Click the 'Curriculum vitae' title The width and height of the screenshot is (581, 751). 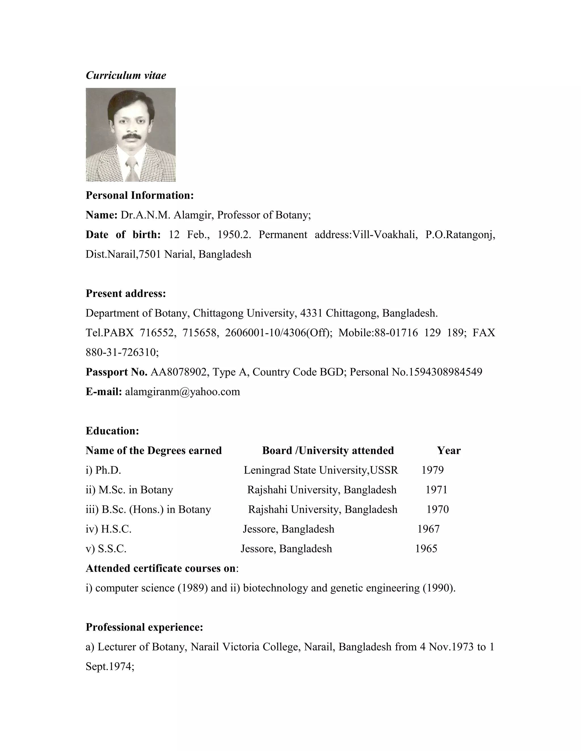pos(126,75)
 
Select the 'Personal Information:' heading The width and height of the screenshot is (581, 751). pos(139,195)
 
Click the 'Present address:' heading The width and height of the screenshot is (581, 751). pos(126,293)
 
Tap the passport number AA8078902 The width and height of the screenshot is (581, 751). pos(179,372)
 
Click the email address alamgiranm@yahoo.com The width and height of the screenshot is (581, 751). pos(182,392)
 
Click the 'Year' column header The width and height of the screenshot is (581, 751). pos(449,451)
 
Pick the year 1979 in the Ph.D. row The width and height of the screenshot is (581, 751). pos(432,470)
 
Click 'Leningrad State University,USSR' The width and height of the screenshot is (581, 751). pos(321,470)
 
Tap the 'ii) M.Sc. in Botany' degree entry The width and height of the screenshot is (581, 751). pos(129,490)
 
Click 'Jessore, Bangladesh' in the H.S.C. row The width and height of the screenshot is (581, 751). pos(289,529)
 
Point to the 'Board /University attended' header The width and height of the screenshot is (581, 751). pos(328,451)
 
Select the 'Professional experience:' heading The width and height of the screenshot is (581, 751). pos(144,627)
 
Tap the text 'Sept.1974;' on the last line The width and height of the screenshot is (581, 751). pos(110,667)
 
